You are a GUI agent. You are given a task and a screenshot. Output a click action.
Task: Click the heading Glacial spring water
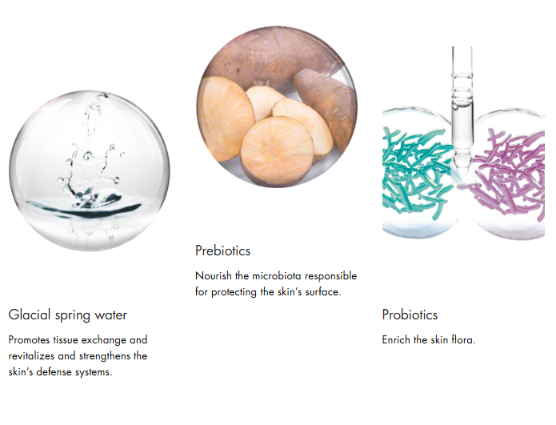68,315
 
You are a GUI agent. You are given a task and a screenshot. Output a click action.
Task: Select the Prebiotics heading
222,251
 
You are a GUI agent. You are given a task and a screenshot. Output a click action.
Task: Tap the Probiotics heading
410,315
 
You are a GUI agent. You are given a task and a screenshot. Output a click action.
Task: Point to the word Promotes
29,340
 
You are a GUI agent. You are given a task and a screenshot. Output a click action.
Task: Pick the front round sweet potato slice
277,150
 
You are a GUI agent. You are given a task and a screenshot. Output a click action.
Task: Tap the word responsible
331,275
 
